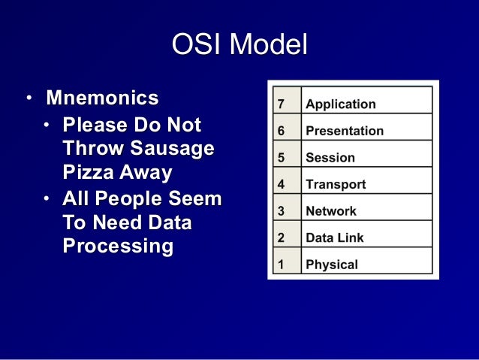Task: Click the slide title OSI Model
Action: click(x=239, y=46)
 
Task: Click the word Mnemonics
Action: click(x=102, y=98)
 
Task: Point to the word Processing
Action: click(x=118, y=247)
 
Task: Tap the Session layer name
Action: click(x=330, y=158)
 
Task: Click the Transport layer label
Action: click(x=335, y=184)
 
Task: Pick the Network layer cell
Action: click(x=330, y=211)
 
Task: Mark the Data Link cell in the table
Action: click(x=334, y=237)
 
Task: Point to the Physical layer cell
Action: click(x=331, y=265)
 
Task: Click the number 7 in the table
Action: click(x=281, y=104)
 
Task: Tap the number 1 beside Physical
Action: click(x=281, y=265)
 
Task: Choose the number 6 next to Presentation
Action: click(x=281, y=131)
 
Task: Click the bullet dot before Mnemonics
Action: click(x=28, y=99)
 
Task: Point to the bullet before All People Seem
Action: click(x=47, y=200)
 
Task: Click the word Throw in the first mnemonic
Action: click(x=90, y=149)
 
